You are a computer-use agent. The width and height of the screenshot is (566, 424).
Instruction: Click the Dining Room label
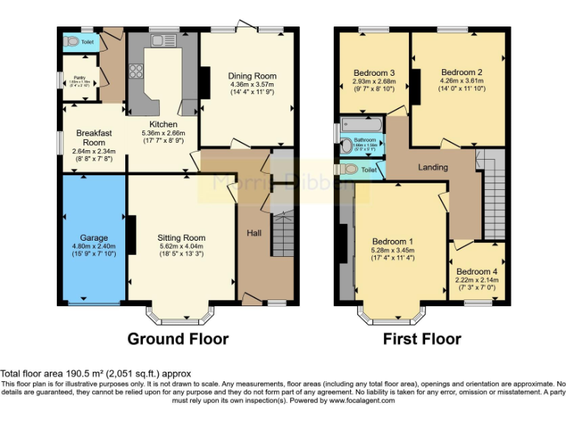tap(252, 76)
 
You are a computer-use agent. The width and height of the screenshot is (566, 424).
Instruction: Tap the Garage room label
tap(94, 238)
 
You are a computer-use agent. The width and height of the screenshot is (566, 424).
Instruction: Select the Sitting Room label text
tap(181, 238)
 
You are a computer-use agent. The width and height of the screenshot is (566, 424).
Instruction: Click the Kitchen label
tap(163, 124)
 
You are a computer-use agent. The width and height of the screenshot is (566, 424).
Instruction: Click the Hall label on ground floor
tap(254, 233)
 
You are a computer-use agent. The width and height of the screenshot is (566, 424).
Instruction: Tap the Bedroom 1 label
tap(392, 241)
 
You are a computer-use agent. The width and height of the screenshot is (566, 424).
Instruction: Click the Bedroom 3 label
tap(374, 72)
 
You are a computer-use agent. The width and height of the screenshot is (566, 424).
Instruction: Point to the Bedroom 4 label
tap(478, 270)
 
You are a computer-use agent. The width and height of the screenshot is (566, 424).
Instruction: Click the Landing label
tap(433, 167)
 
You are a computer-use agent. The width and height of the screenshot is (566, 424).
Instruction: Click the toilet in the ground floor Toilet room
tap(71, 42)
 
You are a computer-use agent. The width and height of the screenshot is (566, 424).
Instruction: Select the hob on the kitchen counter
tap(137, 71)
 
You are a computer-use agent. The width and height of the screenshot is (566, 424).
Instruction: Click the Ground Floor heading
tap(178, 339)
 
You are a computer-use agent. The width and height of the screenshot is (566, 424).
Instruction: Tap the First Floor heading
tap(422, 339)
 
